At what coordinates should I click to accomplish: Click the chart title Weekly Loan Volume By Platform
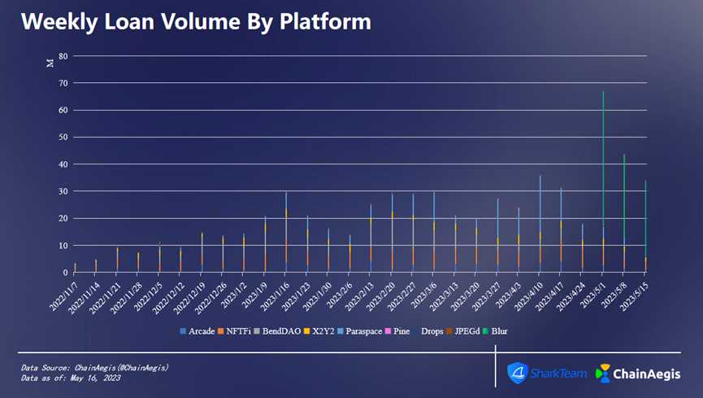(x=196, y=21)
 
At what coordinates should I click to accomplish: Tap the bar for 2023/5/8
(x=624, y=212)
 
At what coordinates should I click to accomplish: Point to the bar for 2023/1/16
(x=286, y=232)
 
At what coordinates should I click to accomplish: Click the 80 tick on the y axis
(x=63, y=56)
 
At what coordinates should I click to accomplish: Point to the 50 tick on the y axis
(x=63, y=137)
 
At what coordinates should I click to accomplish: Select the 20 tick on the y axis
(x=63, y=218)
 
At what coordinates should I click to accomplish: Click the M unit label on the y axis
(x=50, y=63)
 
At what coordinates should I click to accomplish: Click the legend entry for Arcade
(x=198, y=331)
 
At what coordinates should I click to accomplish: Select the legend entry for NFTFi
(x=236, y=331)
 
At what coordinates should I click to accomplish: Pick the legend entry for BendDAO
(x=278, y=331)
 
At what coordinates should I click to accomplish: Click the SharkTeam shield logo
(x=518, y=373)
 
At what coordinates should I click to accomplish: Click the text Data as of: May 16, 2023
(x=71, y=378)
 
